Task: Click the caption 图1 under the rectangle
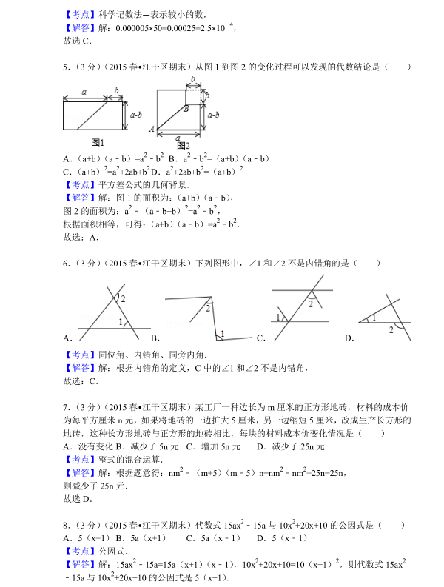[x=98, y=142]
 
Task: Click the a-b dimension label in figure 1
[x=135, y=115]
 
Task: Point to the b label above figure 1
[x=116, y=90]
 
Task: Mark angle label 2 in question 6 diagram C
[x=312, y=304]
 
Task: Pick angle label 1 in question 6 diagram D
[x=374, y=317]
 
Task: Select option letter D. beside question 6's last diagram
[x=349, y=338]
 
